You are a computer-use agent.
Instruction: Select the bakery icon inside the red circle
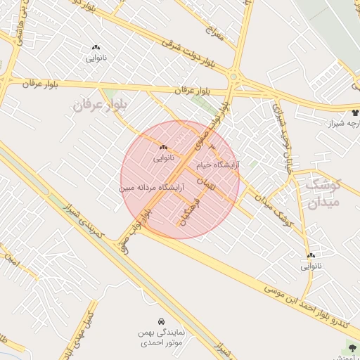(x=163, y=148)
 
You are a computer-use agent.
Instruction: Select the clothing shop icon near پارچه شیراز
(x=355, y=112)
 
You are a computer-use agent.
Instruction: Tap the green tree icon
(x=351, y=345)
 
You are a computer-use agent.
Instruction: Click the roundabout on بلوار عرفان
(x=233, y=77)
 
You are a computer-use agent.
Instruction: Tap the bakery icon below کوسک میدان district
(x=310, y=255)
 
